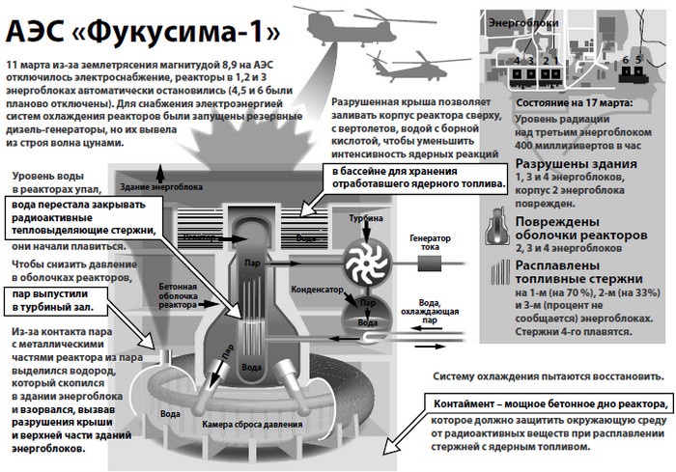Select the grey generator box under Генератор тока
point(427,261)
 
